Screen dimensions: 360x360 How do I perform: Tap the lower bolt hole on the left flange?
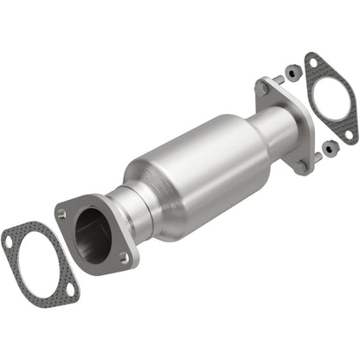pos(125,256)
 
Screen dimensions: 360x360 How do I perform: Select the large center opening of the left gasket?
pos(41,265)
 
